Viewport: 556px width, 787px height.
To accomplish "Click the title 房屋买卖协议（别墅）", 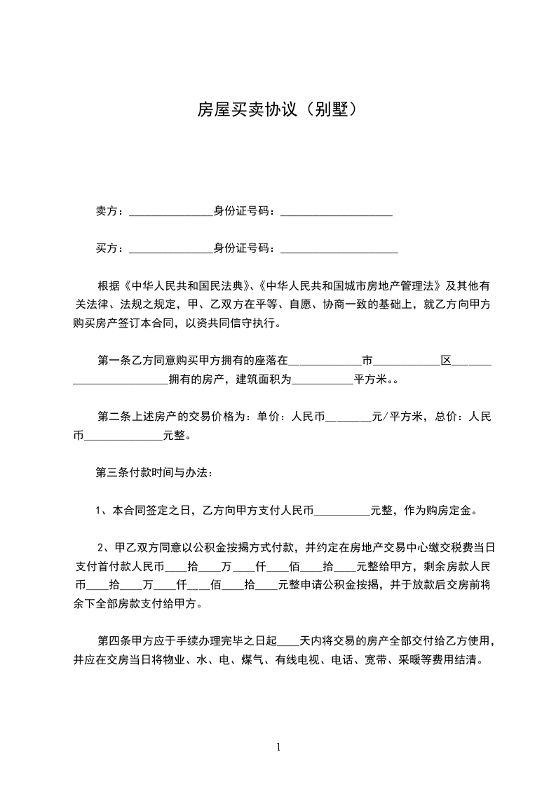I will tap(278, 109).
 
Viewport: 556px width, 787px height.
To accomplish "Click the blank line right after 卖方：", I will tap(171, 212).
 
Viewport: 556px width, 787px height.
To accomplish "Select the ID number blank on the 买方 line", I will tap(339, 250).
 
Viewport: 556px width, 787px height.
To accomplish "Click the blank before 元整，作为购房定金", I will tap(343, 512).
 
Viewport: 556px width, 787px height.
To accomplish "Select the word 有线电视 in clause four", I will tap(297, 660).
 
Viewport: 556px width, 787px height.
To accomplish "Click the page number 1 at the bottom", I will tap(278, 746).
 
